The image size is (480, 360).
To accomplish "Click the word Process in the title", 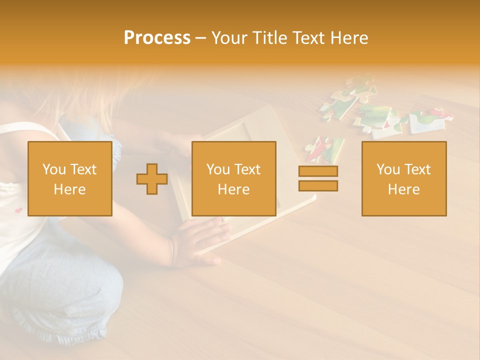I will pos(157,38).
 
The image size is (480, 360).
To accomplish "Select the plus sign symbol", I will pos(152,179).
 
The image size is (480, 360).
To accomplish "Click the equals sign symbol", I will pos(318,178).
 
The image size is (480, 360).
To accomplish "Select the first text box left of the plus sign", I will pos(70,178).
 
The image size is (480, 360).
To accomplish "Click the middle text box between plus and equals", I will pos(233,178).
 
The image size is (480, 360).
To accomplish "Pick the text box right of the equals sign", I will pos(403,178).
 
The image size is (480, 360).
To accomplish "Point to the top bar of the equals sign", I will pos(318,171).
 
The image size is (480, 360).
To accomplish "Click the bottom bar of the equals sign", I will pos(318,186).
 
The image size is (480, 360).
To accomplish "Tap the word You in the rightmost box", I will pos(388,169).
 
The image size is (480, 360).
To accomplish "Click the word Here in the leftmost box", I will pos(70,189).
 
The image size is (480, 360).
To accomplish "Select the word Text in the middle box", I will pos(247,169).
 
